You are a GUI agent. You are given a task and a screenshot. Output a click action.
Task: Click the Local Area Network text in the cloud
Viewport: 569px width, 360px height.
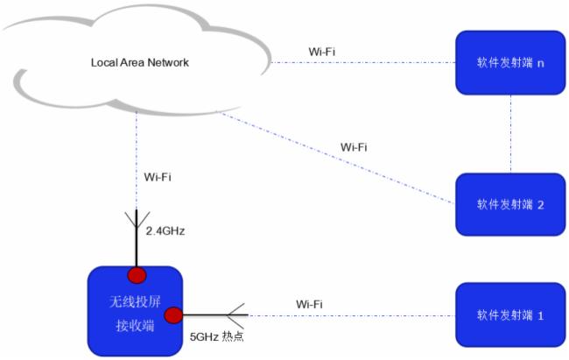point(140,63)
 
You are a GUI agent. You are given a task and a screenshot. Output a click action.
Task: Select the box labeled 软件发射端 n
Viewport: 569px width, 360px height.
point(510,63)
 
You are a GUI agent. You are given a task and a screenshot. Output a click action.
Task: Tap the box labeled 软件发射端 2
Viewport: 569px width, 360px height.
point(510,205)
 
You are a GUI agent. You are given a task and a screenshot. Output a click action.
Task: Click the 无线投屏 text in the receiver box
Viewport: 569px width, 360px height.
point(135,302)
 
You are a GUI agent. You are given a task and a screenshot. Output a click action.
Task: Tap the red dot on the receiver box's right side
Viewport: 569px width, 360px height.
point(173,314)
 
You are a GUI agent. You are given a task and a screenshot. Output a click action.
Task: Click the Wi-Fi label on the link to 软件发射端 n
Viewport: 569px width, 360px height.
point(321,51)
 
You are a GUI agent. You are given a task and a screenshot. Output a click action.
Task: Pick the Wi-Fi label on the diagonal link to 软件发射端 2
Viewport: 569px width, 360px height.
point(353,146)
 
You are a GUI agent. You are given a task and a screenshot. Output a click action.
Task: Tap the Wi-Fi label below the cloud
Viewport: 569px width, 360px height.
point(158,177)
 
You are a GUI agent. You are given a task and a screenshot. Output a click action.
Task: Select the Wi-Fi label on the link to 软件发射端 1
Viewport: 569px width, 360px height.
point(309,303)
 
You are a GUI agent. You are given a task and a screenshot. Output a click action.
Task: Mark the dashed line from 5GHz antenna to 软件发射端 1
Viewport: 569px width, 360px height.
point(350,314)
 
